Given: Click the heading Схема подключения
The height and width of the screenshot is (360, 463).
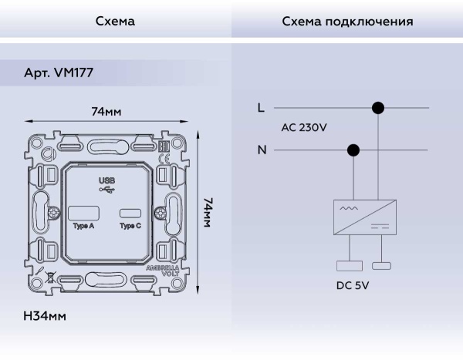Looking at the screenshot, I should [x=346, y=22].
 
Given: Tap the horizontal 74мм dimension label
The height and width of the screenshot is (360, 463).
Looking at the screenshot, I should [x=106, y=113].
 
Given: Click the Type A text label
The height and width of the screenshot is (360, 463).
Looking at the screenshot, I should [x=84, y=227].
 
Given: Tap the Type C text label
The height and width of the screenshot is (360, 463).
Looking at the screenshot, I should [x=130, y=227].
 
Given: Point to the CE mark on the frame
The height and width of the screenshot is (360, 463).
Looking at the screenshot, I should [x=163, y=160].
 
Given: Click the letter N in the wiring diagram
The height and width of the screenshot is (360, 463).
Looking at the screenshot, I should [x=262, y=150].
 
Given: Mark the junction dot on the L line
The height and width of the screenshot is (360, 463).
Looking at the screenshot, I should [x=378, y=109].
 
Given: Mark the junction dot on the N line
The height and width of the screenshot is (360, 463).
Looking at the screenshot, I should [x=354, y=150].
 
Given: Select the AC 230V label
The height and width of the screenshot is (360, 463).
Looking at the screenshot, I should [x=303, y=128].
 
